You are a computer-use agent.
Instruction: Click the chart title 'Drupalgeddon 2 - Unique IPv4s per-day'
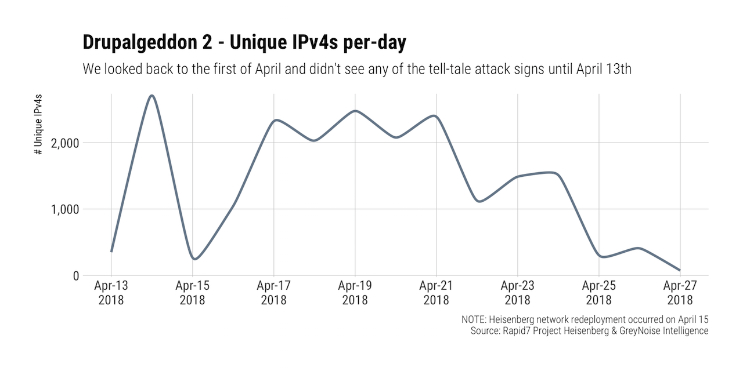(x=244, y=43)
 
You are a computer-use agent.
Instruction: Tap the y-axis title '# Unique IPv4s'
(x=38, y=123)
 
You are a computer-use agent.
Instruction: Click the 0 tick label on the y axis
(x=75, y=276)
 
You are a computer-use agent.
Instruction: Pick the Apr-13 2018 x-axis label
(x=111, y=293)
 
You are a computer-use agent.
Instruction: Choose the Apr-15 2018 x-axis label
(x=192, y=293)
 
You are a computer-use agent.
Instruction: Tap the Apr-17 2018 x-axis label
(x=273, y=293)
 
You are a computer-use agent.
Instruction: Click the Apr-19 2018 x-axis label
(x=355, y=293)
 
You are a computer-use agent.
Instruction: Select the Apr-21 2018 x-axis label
(x=436, y=293)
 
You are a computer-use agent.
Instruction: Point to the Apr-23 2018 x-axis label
(x=517, y=293)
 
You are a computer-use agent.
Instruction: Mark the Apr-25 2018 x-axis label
(x=598, y=293)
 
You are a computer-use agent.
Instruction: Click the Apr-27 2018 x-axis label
(x=680, y=293)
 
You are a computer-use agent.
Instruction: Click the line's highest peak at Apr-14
(x=152, y=96)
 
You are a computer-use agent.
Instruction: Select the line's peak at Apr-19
(x=355, y=111)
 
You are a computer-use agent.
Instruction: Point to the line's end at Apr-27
(x=679, y=270)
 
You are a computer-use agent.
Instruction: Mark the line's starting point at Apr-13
(x=111, y=252)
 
